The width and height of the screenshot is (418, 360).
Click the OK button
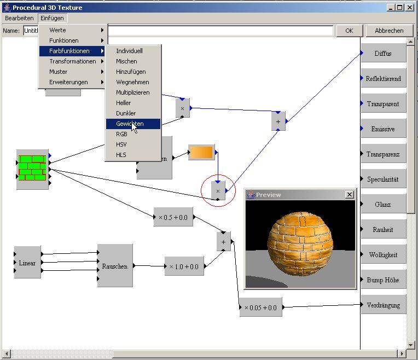click(350, 31)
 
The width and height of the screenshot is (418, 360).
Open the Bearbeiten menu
click(19, 18)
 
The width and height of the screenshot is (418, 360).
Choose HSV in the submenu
click(121, 144)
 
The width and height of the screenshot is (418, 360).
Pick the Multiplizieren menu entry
click(132, 92)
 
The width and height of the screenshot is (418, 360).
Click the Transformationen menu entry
click(72, 61)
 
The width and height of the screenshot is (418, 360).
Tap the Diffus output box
click(383, 54)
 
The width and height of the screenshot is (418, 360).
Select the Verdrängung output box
click(383, 305)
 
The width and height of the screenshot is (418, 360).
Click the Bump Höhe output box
click(383, 280)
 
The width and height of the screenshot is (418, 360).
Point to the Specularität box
click(383, 179)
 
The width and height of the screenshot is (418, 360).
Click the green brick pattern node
click(32, 169)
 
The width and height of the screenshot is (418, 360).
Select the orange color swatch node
click(201, 153)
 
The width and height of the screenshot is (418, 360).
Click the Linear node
click(27, 263)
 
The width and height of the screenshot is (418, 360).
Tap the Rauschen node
click(115, 266)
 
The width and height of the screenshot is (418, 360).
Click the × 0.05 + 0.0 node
click(260, 307)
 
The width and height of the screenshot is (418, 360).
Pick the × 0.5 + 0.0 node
click(173, 217)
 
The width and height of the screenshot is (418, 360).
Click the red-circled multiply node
click(218, 191)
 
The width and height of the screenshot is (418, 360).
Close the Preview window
click(350, 195)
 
